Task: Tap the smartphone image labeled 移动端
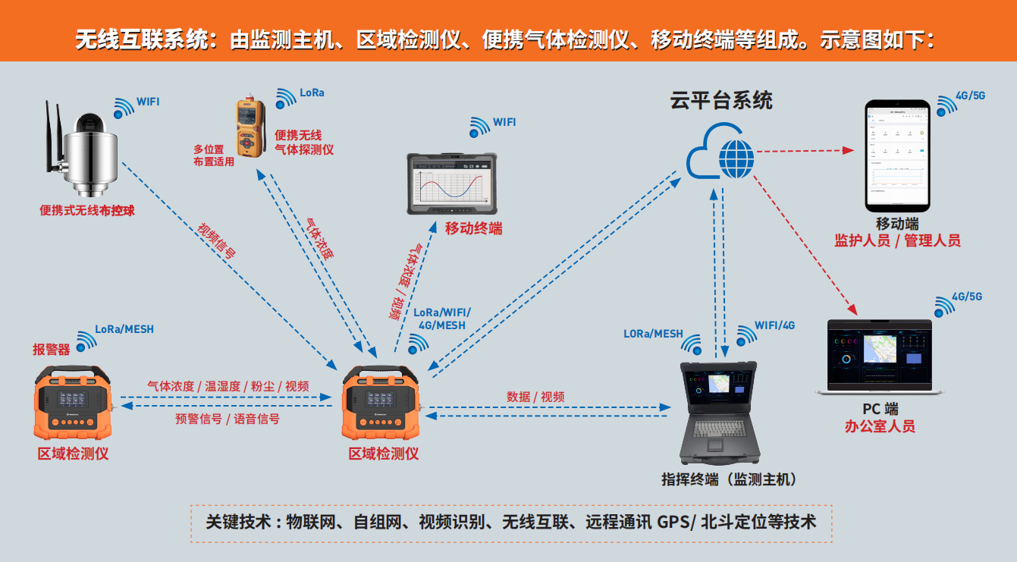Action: (897, 155)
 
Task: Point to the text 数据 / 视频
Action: (535, 397)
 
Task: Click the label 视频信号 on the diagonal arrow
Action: (217, 242)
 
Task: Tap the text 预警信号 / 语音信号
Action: (228, 419)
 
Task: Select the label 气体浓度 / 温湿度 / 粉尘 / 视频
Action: (228, 386)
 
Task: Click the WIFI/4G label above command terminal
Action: (774, 325)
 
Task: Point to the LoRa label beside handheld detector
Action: (312, 93)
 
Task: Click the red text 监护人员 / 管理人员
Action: (897, 241)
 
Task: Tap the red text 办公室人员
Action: (880, 426)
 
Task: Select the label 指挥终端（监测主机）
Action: (729, 479)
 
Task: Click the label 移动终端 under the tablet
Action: (473, 228)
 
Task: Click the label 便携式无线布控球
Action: (87, 211)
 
